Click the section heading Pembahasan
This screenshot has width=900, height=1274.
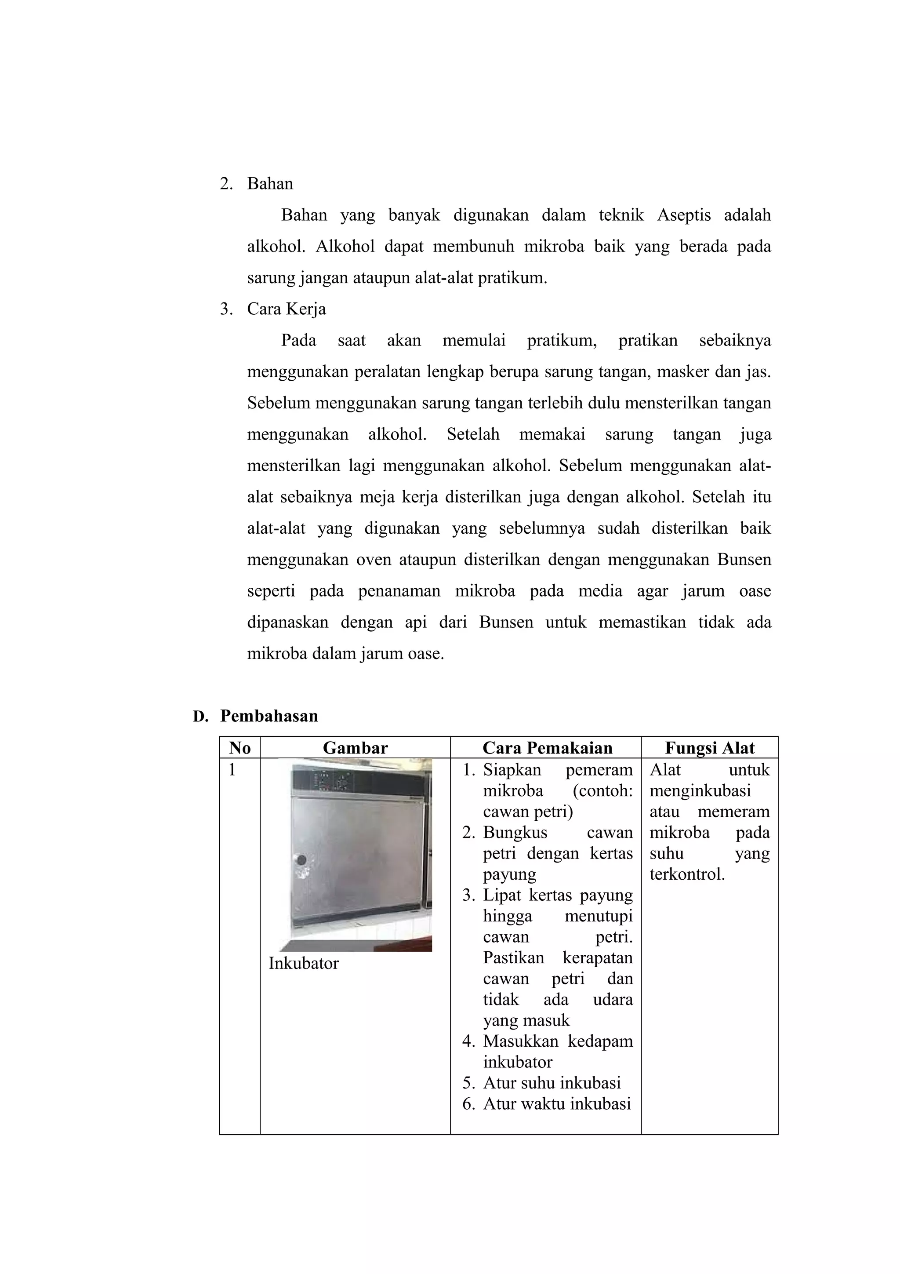269,716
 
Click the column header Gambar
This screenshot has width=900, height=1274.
355,748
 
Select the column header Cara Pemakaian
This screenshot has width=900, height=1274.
547,748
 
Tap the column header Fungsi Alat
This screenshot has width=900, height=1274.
709,748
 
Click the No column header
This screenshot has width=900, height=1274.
240,748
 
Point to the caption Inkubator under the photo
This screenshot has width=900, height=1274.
303,963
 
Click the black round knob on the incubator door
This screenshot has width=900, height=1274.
301,860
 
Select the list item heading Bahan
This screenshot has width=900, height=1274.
270,184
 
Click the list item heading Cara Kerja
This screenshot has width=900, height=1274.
286,309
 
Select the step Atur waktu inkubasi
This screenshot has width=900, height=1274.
557,1104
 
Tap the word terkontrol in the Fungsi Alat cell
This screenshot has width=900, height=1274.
686,874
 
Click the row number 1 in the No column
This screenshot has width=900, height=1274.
232,770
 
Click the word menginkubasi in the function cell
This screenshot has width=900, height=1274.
700,791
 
